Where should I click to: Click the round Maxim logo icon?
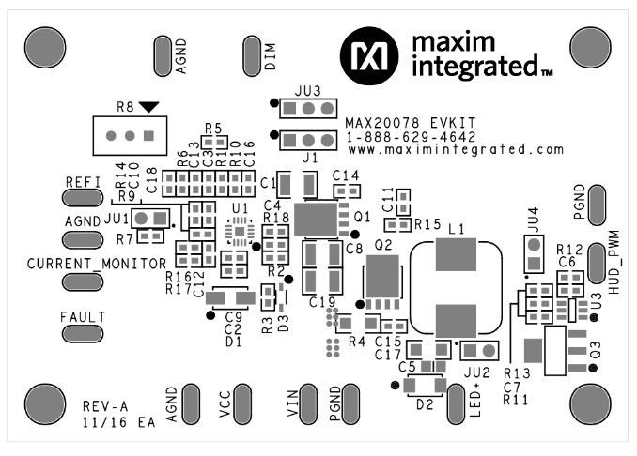coord(368,54)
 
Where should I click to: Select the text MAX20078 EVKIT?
coord(398,122)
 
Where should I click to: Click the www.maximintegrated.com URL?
coord(456,149)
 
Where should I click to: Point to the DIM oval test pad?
coord(251,55)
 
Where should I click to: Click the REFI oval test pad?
coord(82,196)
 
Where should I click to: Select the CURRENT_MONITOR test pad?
coord(82,281)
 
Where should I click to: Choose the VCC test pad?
coord(242,403)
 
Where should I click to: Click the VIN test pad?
coord(308,403)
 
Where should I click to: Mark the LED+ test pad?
coord(457,403)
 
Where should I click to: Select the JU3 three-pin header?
coord(307,109)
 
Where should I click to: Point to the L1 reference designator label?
coord(458,228)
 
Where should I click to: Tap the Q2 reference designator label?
coord(382,244)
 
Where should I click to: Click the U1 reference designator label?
coord(241,208)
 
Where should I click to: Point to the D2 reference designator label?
coord(425,405)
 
